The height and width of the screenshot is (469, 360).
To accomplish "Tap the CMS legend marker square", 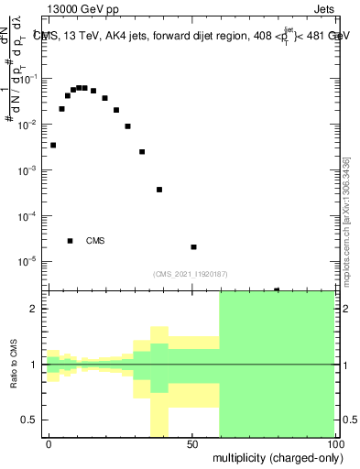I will pos(70,241).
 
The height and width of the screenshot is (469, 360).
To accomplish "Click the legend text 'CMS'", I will pos(95,241).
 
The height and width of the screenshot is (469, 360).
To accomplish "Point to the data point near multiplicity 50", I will pos(193,246).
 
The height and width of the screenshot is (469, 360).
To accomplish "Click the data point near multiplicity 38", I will pos(159,190).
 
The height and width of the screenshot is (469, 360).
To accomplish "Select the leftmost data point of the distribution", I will pos(53,145).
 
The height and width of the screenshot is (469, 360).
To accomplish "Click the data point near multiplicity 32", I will pos(142,152).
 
